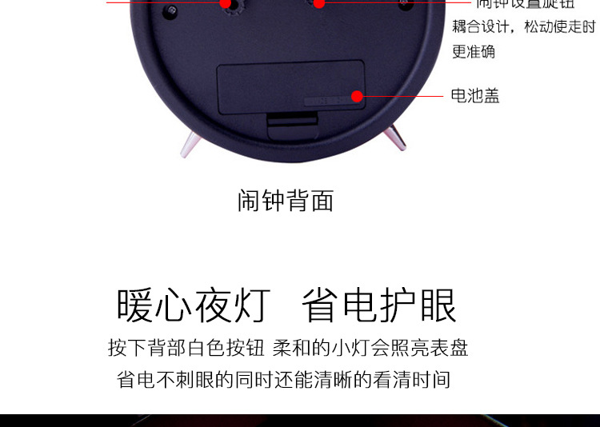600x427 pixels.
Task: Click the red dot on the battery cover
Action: tap(358, 97)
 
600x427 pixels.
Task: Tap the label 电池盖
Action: tap(475, 96)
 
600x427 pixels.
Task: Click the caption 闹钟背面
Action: tap(286, 200)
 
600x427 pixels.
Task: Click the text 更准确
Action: tap(474, 51)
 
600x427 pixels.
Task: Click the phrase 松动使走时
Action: tap(560, 27)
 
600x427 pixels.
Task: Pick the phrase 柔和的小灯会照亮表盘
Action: tap(370, 349)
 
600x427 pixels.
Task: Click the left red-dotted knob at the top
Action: tap(226, 3)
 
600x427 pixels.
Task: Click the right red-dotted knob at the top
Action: tap(318, 3)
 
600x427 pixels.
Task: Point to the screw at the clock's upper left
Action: tap(170, 10)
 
